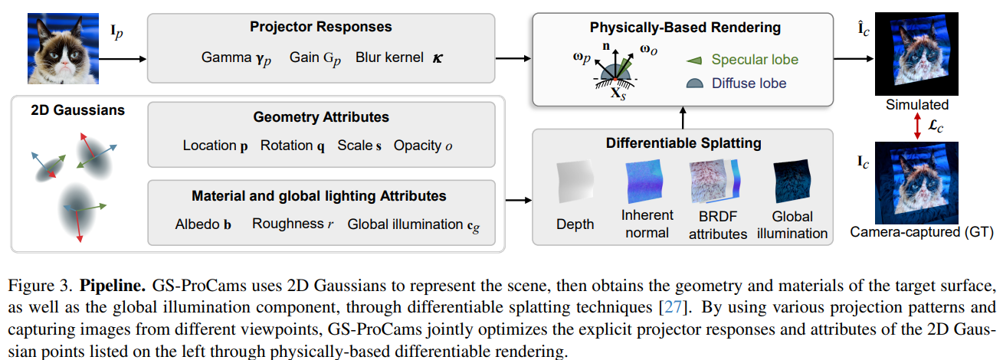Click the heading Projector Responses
(x=320, y=28)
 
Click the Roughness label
(x=288, y=224)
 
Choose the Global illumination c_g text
(x=415, y=224)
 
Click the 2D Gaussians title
(x=77, y=110)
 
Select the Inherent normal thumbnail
(x=647, y=182)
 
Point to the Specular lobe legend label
(x=755, y=60)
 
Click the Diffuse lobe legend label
(x=749, y=83)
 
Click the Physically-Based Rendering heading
(x=685, y=28)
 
